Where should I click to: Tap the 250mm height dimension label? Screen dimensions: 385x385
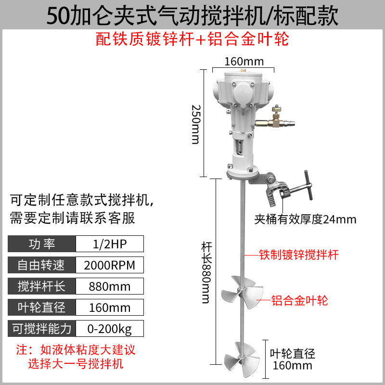[x=195, y=124]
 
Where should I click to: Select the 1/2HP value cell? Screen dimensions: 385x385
[x=110, y=244]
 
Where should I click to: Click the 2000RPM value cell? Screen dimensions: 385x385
[x=110, y=265]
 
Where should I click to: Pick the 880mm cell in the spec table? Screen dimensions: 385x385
[x=110, y=286]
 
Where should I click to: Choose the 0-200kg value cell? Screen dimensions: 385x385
[x=110, y=329]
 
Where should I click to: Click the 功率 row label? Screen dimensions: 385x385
[x=42, y=244]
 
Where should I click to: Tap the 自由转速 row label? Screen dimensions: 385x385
[x=42, y=265]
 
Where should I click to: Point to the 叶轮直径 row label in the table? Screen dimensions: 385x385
[x=42, y=308]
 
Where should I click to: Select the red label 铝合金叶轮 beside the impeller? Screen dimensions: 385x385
[x=300, y=301]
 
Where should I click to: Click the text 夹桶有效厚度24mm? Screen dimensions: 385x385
[x=306, y=220]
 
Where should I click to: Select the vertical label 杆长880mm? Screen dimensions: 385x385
[x=205, y=272]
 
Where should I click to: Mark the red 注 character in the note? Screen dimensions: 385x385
[x=22, y=349]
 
